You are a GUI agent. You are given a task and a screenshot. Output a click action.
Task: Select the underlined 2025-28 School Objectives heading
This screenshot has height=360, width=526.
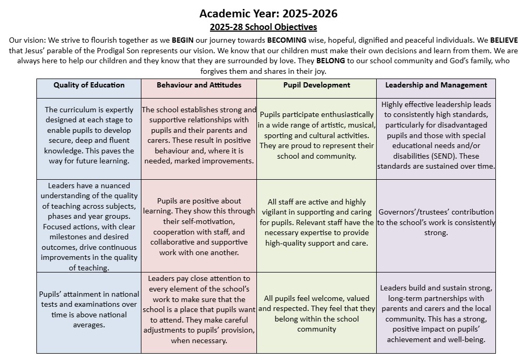point(263,27)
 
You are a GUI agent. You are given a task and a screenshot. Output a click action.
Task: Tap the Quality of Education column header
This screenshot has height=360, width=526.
point(89,85)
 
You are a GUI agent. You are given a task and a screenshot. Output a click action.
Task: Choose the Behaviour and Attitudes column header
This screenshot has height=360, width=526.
point(199,85)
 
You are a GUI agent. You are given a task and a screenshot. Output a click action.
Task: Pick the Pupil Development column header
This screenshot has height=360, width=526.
point(316,85)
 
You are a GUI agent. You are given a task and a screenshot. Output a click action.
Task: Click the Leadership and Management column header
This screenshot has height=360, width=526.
point(436,85)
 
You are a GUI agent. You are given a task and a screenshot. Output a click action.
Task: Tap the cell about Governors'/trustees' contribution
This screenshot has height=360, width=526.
point(436,222)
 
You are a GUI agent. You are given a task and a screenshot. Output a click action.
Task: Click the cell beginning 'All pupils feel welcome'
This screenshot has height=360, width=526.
point(316,314)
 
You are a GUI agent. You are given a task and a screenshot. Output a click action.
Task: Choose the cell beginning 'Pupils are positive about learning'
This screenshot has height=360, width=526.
point(199,227)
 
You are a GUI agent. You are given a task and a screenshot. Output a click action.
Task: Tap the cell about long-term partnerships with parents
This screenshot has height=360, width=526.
point(436,313)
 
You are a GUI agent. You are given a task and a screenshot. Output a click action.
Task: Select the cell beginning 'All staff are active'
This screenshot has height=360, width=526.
point(316,222)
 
